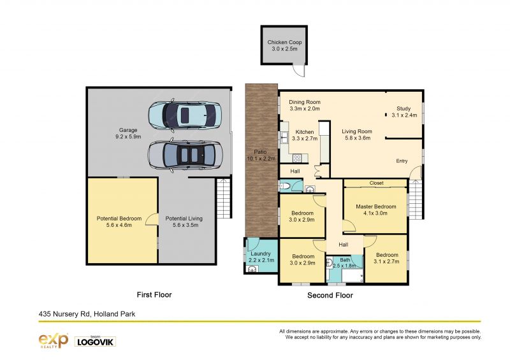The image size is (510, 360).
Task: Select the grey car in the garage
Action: pyautogui.click(x=185, y=155)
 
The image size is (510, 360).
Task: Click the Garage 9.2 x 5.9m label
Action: pyautogui.click(x=128, y=133)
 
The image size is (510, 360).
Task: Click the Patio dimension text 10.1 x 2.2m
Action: pyautogui.click(x=261, y=159)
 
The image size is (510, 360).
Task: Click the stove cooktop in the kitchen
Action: pyautogui.click(x=297, y=159)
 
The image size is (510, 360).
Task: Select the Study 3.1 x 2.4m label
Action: pyautogui.click(x=404, y=112)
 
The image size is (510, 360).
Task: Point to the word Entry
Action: pyautogui.click(x=402, y=161)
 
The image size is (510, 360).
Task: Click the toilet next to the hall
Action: pyautogui.click(x=284, y=186)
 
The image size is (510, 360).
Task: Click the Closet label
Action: pyautogui.click(x=376, y=183)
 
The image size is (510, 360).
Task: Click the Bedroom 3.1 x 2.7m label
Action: pyautogui.click(x=387, y=258)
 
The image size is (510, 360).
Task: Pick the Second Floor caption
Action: pyautogui.click(x=330, y=295)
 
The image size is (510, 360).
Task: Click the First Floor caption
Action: pyautogui.click(x=154, y=294)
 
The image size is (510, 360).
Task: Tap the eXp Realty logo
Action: pyautogui.click(x=54, y=341)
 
